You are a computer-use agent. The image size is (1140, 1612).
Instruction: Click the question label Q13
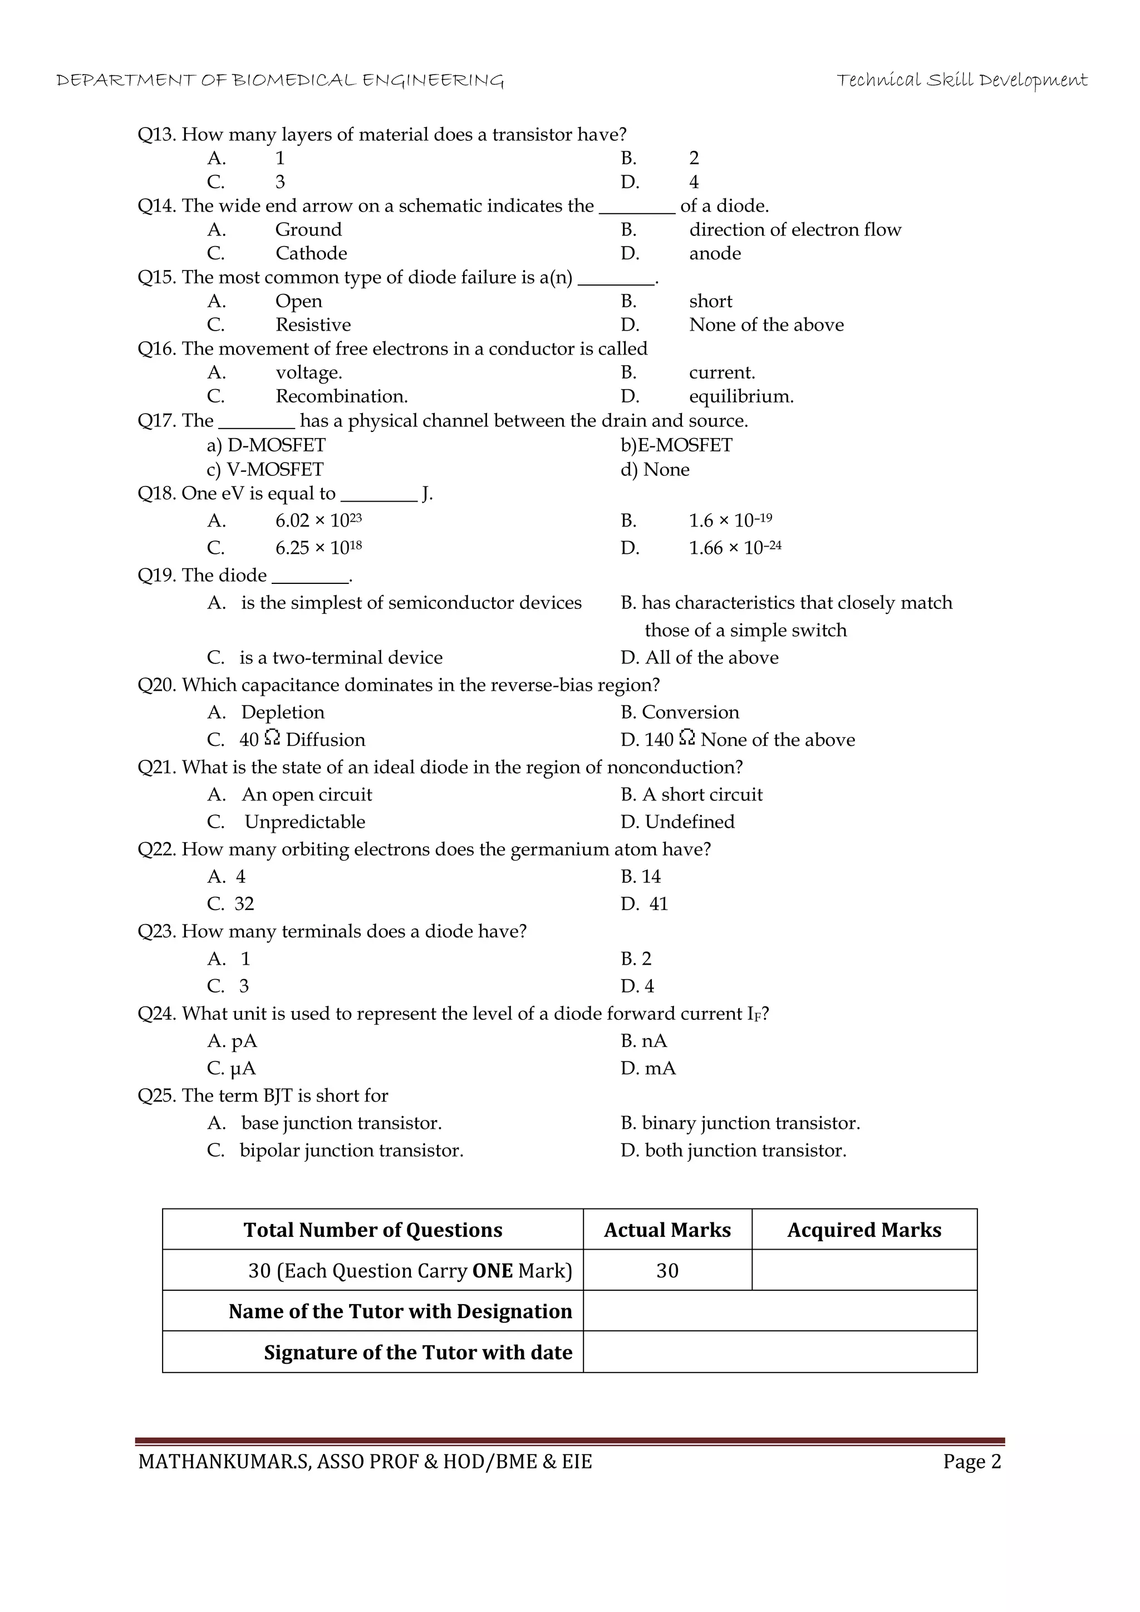[156, 134]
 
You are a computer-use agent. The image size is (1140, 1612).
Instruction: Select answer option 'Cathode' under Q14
[311, 253]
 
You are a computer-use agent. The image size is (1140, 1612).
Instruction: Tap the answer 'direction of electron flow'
[795, 229]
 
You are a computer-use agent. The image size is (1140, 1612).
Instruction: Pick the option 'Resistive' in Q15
[312, 325]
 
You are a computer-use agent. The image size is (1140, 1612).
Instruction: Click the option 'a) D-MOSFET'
[266, 445]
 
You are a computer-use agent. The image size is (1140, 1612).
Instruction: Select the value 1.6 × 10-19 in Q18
[730, 521]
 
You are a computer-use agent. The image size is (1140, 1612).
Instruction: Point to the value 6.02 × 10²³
[318, 521]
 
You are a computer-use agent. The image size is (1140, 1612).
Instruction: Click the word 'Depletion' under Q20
[283, 712]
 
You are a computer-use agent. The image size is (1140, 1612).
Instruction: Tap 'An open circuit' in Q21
[307, 794]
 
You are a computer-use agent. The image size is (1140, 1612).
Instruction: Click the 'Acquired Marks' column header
[863, 1230]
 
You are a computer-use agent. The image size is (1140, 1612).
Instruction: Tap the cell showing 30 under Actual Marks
[667, 1270]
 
